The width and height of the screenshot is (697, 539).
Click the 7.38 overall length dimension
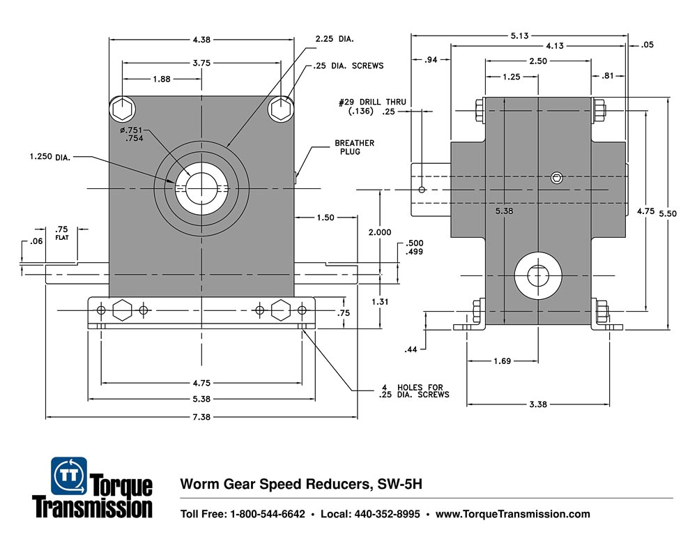(202, 417)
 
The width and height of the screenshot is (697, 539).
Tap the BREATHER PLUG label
(354, 147)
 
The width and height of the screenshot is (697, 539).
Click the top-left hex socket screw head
(122, 109)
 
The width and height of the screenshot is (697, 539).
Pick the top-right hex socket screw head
(281, 109)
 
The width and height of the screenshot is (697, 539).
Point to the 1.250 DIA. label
(51, 156)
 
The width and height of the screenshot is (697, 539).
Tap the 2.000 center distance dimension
(380, 232)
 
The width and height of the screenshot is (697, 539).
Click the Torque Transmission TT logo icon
(69, 476)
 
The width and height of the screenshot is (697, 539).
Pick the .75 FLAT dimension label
(62, 231)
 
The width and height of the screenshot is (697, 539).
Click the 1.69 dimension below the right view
(502, 360)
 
